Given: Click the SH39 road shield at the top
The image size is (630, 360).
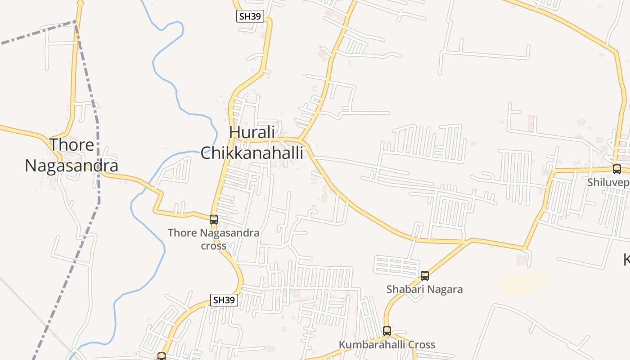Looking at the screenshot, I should point(250,17).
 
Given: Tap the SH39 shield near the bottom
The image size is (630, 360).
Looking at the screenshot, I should point(224,300).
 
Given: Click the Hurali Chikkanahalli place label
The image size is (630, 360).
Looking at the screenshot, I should point(252,143).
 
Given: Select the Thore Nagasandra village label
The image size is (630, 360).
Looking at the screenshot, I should point(72,155).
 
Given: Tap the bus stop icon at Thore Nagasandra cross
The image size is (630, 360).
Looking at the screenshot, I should point(214,220).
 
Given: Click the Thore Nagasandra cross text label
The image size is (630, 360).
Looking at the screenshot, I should point(214,239).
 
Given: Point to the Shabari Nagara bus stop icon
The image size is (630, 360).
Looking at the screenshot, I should point(425,276).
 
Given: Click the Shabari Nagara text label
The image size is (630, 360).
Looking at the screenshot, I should point(424,289).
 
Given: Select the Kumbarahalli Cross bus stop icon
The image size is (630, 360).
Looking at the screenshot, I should point(387,331).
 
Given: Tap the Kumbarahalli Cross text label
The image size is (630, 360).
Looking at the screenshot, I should point(387,345).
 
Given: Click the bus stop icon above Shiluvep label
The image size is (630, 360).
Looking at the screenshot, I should point(617,169).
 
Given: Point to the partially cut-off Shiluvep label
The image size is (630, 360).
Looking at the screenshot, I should point(608,183).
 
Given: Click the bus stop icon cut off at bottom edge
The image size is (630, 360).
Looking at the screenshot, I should point(162,356).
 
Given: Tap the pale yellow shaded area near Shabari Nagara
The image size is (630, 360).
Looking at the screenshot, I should point(522,283).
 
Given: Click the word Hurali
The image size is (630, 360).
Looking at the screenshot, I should point(252,133).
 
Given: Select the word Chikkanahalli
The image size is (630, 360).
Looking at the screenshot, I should point(252,153).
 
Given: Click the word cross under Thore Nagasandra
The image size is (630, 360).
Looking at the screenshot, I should point(214,246).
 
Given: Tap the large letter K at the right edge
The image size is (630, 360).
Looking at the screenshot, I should point(626,260).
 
